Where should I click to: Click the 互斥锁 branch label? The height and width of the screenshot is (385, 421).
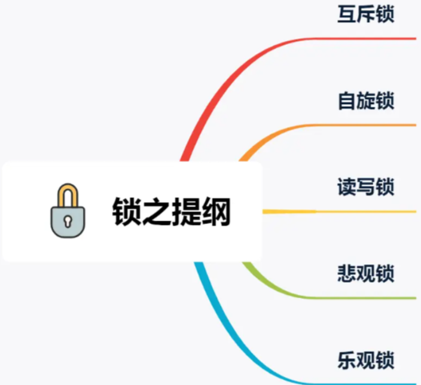tap(366, 14)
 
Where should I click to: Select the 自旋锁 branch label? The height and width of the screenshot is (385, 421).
tap(366, 100)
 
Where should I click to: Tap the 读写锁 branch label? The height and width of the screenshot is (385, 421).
tap(366, 187)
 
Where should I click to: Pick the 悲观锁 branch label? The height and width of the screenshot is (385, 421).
tap(366, 274)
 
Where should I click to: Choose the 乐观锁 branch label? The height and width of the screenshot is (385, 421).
tap(366, 360)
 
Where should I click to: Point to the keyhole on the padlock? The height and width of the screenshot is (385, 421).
tap(67, 222)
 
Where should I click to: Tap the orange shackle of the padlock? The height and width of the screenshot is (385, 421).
tap(67, 194)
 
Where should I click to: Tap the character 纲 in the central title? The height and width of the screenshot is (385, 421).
tap(216, 212)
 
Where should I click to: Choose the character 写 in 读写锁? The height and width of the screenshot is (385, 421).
tap(366, 187)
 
